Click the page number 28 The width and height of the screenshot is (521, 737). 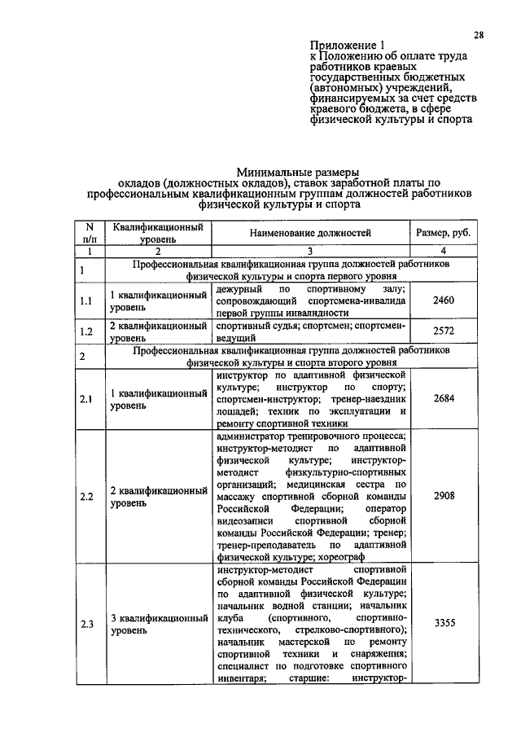pos(479,34)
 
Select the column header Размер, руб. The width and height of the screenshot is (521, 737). pos(444,233)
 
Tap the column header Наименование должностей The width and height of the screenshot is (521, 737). pos(312,233)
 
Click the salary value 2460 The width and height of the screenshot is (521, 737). pos(444,301)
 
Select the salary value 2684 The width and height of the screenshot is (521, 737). pos(444,398)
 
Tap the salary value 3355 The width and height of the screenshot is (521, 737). pos(444,623)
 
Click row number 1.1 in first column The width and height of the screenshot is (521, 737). pos(88,301)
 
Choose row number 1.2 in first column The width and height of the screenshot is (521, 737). pos(88,331)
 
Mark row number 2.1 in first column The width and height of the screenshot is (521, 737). pos(88,398)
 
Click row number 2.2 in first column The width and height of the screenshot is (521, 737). pos(88,495)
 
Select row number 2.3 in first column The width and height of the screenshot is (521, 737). pos(88,624)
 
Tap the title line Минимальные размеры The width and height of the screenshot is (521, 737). pos(280,173)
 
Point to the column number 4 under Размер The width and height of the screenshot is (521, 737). pos(444,252)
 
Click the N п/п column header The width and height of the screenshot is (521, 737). pos(89,233)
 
